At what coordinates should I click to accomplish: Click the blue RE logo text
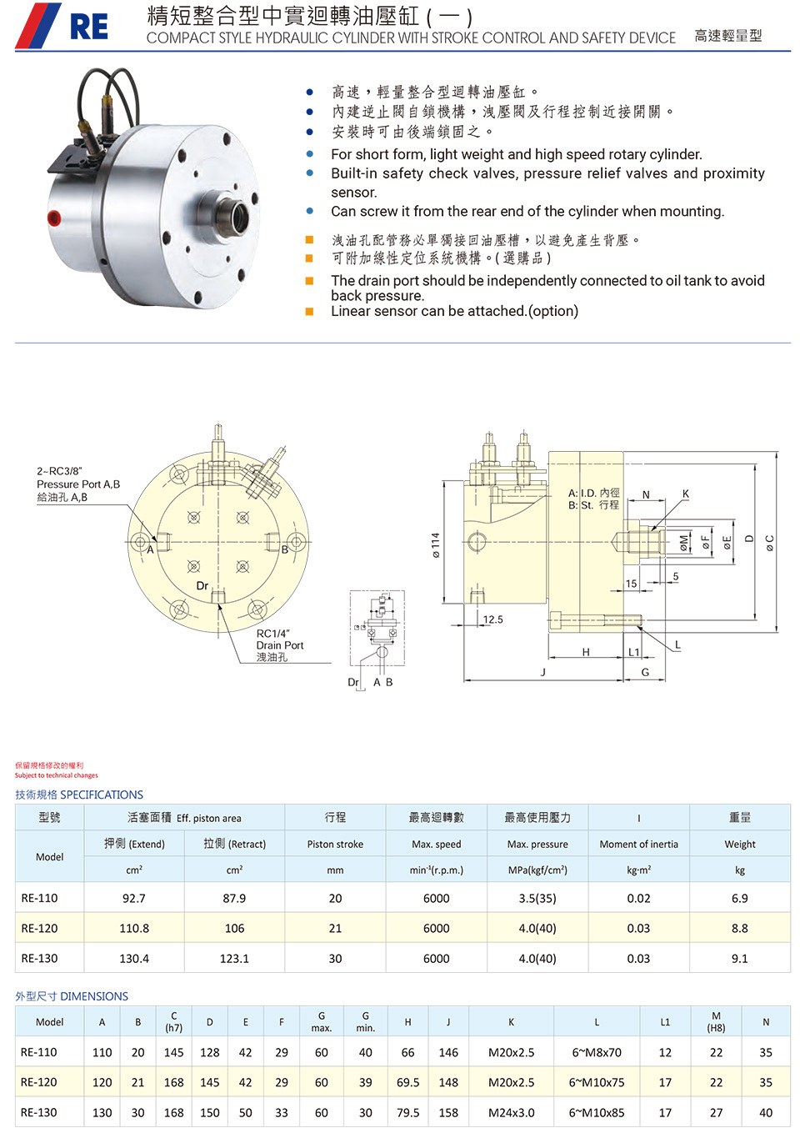pyautogui.click(x=89, y=27)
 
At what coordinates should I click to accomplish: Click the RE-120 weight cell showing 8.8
pyautogui.click(x=739, y=928)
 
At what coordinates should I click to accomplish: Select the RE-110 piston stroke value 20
pyautogui.click(x=335, y=898)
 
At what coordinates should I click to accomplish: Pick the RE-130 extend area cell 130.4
pyautogui.click(x=134, y=958)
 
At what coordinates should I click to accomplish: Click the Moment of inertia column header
pyautogui.click(x=638, y=844)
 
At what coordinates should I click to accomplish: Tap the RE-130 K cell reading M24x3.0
pyautogui.click(x=511, y=1113)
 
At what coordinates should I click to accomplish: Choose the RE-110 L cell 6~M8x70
pyautogui.click(x=597, y=1052)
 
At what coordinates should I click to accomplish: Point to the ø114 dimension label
pyautogui.click(x=435, y=545)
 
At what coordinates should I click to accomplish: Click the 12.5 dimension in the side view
pyautogui.click(x=492, y=619)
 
